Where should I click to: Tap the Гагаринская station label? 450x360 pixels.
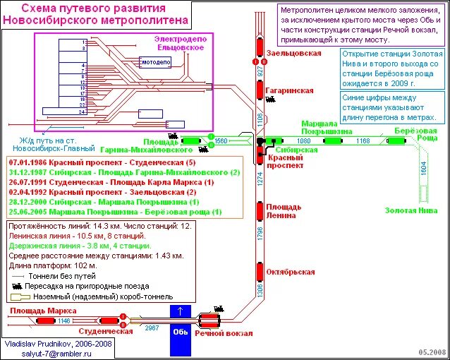(x=289, y=91)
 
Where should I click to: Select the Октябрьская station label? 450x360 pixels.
(x=291, y=272)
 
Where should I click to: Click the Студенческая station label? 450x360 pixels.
(x=106, y=330)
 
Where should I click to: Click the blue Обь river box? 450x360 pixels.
(x=181, y=330)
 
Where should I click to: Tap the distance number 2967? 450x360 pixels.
(x=151, y=328)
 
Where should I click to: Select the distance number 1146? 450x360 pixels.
(x=64, y=321)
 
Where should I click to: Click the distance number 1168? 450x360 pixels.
(x=362, y=141)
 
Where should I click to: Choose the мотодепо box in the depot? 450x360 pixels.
(x=156, y=63)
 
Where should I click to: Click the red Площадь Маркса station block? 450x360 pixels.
(x=47, y=321)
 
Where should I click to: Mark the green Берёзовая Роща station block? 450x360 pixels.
(x=396, y=141)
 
